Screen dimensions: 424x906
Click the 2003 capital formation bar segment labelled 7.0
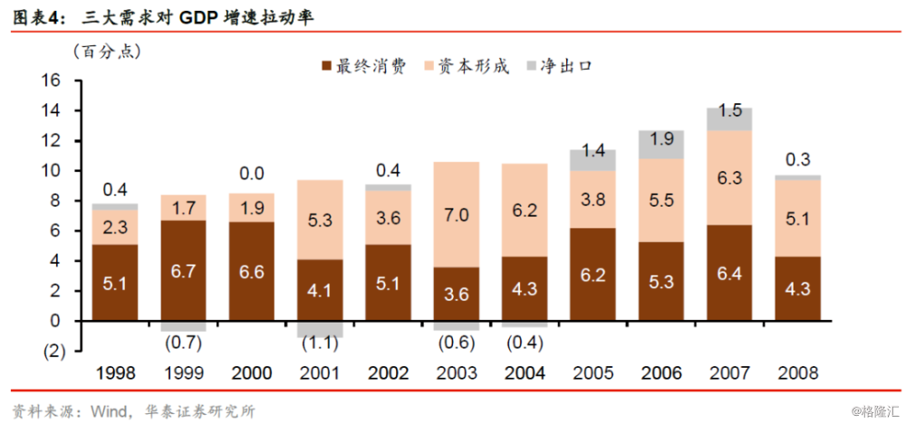click(x=457, y=215)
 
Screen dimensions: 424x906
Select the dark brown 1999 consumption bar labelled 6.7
click(x=184, y=270)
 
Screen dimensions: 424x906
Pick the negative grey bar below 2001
click(x=320, y=329)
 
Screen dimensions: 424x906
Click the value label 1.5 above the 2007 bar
click(x=730, y=111)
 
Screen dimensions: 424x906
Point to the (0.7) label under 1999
click(x=184, y=342)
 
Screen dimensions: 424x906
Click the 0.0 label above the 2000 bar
click(x=253, y=173)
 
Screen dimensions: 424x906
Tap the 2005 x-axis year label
click(x=593, y=372)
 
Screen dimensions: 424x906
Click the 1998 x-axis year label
click(x=116, y=372)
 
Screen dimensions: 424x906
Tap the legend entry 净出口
click(x=565, y=66)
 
